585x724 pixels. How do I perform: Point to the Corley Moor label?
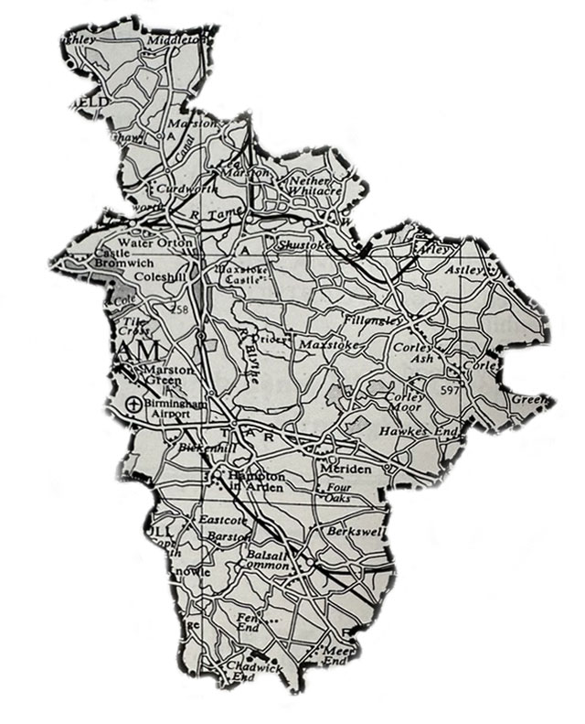[405, 402]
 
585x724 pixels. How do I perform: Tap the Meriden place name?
[345, 468]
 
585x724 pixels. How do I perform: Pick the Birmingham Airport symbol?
[133, 404]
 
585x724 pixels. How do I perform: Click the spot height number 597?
[451, 391]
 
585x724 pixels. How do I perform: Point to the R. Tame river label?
[209, 213]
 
